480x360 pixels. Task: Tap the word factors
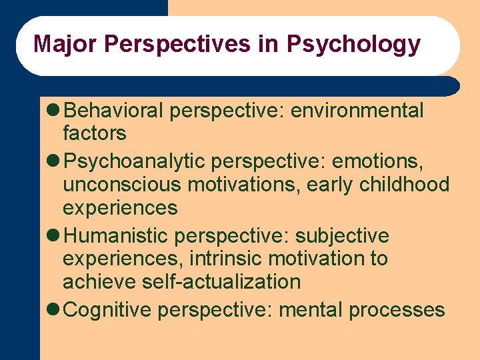(x=94, y=133)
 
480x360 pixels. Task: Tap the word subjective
(x=342, y=236)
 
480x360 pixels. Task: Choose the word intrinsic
(x=224, y=259)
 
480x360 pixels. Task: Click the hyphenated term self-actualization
(x=221, y=281)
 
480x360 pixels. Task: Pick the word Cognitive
(x=110, y=310)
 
